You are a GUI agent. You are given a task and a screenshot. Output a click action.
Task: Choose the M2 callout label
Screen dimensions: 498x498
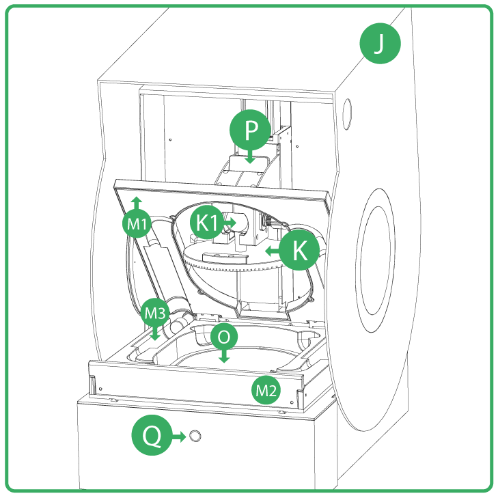pyautogui.click(x=265, y=390)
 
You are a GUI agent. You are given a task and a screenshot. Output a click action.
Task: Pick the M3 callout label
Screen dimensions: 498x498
pyautogui.click(x=154, y=314)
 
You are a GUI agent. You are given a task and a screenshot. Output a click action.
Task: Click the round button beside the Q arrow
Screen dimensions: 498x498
pyautogui.click(x=196, y=436)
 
